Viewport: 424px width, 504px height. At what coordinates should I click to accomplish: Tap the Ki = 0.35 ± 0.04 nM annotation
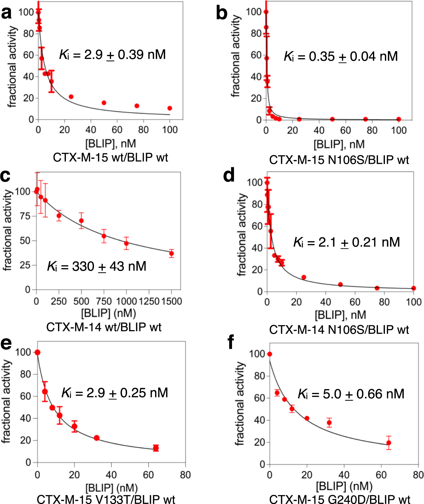340,56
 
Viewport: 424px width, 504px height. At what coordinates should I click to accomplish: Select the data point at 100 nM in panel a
170,108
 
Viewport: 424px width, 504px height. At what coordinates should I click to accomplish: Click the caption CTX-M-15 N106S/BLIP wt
339,160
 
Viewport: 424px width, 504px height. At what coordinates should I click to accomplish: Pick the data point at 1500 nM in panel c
171,253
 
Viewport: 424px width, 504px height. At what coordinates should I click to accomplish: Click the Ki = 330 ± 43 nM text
96,266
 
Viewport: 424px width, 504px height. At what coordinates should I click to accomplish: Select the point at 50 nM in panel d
340,284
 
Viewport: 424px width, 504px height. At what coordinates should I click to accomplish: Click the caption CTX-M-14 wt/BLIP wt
104,327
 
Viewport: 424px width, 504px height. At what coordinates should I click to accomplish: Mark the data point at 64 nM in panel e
156,448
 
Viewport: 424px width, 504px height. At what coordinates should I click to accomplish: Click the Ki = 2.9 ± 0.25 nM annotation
115,393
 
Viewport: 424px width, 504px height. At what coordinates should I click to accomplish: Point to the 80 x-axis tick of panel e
185,475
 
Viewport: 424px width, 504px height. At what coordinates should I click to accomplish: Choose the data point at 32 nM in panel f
329,423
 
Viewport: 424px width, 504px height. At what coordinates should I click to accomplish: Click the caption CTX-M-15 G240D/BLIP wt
340,500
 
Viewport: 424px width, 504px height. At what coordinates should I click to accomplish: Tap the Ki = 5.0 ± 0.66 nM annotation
351,394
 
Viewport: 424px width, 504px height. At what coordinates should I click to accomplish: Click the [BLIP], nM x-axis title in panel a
111,144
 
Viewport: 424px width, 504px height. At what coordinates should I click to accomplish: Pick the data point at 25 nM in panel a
71,97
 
